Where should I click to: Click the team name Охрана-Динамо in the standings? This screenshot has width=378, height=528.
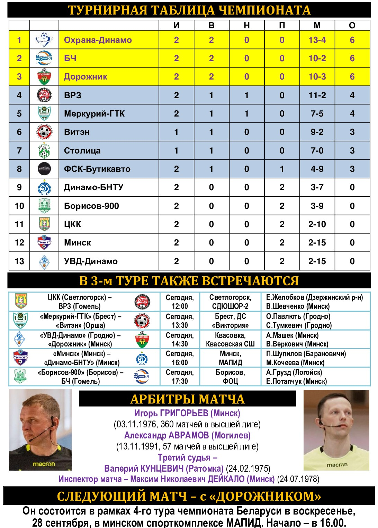click(98, 40)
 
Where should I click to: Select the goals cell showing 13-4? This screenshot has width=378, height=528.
click(317, 40)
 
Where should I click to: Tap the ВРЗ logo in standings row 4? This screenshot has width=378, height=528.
click(44, 95)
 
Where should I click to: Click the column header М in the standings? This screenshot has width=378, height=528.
click(317, 25)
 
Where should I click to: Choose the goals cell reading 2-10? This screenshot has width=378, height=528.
click(317, 224)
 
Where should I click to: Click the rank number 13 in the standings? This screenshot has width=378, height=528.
click(19, 261)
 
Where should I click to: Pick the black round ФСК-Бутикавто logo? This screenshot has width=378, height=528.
click(44, 169)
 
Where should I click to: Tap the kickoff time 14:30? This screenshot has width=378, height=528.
click(180, 344)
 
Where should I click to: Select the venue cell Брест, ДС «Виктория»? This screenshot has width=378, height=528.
click(230, 321)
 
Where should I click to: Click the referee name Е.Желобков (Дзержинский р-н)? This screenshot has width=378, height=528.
click(314, 297)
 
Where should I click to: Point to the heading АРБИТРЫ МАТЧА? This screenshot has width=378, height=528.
click(187, 399)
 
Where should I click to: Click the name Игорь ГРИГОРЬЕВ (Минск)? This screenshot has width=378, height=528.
click(187, 413)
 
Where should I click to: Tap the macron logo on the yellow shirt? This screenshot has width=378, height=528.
click(337, 465)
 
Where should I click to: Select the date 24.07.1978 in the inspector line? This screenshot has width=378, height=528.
click(299, 479)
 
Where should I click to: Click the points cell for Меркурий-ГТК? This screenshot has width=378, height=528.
click(352, 114)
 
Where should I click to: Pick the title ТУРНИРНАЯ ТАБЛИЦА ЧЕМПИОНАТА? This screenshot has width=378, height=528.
click(189, 10)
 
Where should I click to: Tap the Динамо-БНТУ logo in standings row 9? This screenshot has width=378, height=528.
click(44, 187)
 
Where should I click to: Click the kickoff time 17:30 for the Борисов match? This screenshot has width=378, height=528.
click(180, 381)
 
